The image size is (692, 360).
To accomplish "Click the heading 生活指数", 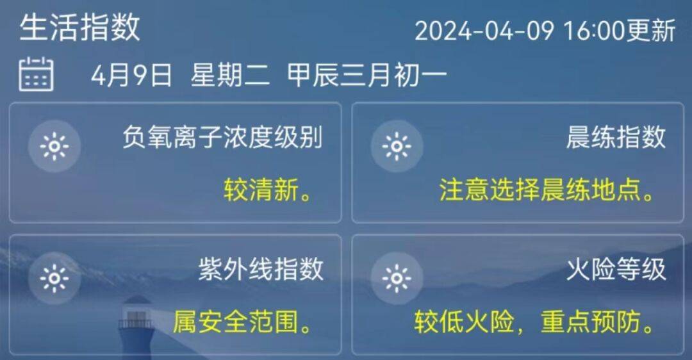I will click(79, 28).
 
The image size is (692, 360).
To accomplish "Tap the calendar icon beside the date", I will click(36, 74).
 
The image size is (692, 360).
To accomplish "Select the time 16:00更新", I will click(619, 31).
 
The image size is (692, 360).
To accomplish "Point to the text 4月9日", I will click(131, 76).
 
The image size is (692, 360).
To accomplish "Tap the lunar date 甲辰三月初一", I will click(367, 76).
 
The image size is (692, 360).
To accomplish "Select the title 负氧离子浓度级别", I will click(222, 137).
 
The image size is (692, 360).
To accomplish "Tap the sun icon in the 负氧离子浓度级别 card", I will click(54, 147).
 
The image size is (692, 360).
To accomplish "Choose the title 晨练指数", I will click(616, 137).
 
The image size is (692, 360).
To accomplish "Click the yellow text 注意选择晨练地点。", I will click(548, 190).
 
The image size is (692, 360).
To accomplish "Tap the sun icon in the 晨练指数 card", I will click(396, 147).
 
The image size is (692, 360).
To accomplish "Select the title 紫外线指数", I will click(261, 270).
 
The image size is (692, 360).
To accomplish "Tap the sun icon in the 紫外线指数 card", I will click(54, 279).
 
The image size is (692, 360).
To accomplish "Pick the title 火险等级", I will click(616, 270).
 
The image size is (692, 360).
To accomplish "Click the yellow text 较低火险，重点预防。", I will click(536, 322).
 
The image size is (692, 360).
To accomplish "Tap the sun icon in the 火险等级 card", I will click(396, 279).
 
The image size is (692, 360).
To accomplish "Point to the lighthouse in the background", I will click(136, 327).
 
